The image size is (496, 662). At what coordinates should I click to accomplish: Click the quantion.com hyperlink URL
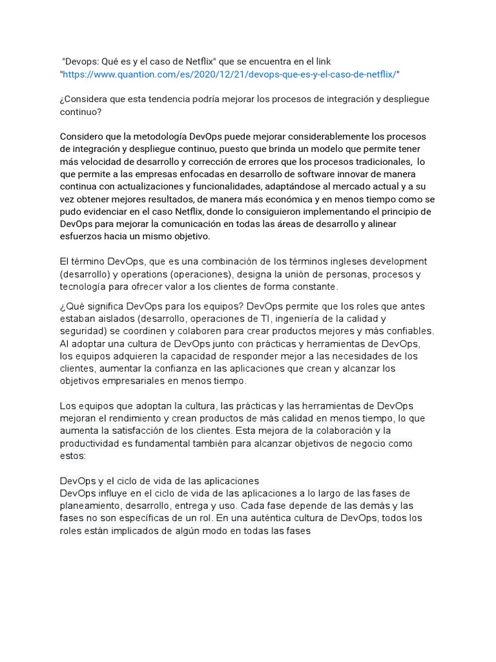pos(229,74)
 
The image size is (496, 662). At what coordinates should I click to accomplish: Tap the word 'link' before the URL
pos(322,61)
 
